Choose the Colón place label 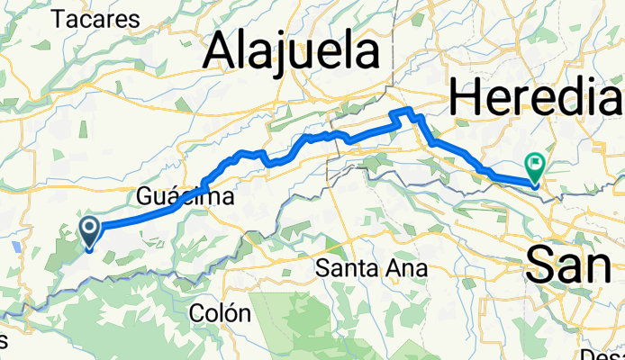coord(220,313)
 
